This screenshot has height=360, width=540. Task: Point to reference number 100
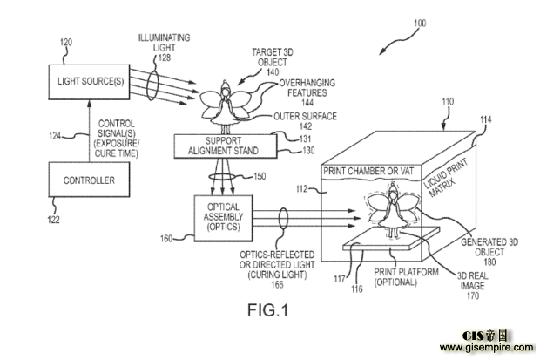point(420,24)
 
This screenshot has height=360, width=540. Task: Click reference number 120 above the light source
point(66,43)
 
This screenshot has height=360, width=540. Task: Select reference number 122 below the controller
point(53,220)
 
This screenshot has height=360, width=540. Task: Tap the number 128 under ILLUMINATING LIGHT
point(165,58)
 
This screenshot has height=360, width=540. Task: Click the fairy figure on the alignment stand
point(225,106)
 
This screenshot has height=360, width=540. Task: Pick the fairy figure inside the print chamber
point(393,210)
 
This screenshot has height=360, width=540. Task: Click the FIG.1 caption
point(268,310)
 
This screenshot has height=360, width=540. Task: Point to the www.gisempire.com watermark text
point(487,347)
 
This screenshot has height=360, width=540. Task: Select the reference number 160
point(166,238)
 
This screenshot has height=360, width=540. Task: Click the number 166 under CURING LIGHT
point(277,284)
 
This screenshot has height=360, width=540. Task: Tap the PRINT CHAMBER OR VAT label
point(368,171)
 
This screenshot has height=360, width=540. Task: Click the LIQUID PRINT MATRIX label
point(445,178)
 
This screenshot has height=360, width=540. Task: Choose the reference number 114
point(486,119)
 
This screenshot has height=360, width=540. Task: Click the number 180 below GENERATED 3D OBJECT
point(489,262)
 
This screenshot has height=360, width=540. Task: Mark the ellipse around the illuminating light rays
point(152,85)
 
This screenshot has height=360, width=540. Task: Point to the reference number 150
point(260,176)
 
